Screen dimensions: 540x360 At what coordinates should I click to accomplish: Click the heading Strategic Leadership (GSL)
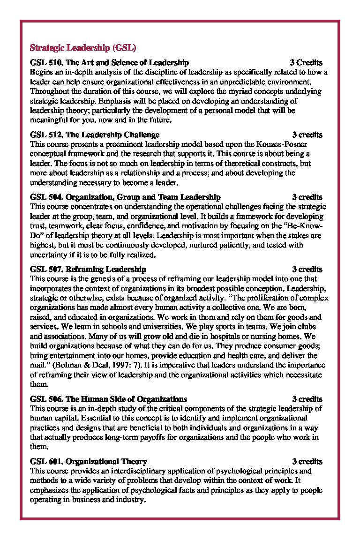coord(83,48)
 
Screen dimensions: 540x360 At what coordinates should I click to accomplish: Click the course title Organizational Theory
coord(106,461)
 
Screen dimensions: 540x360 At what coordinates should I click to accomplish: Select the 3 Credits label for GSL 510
coord(306,62)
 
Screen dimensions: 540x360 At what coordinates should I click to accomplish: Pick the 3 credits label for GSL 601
coord(307,461)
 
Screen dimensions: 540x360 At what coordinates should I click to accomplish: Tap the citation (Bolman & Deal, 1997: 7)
coord(96,365)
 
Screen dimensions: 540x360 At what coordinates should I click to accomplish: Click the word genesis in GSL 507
coord(103,278)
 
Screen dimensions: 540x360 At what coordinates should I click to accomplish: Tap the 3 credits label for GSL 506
coord(307,399)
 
